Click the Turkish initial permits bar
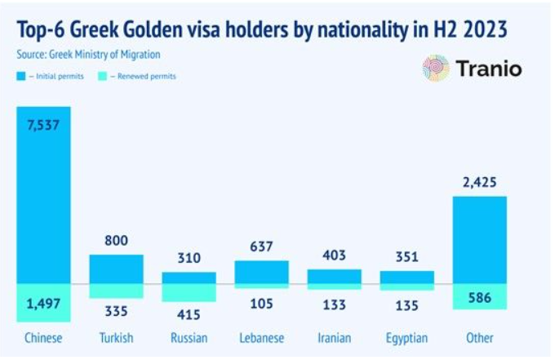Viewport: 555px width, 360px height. pyautogui.click(x=116, y=269)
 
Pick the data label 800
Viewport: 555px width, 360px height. pyautogui.click(x=116, y=242)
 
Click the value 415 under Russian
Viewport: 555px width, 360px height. pyautogui.click(x=189, y=313)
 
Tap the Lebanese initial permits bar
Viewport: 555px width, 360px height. pyautogui.click(x=261, y=272)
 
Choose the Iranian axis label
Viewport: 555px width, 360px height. pyautogui.click(x=334, y=337)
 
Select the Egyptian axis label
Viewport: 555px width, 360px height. pyautogui.click(x=406, y=337)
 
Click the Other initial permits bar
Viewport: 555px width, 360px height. pyautogui.click(x=480, y=239)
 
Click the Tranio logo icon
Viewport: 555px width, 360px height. pyautogui.click(x=436, y=69)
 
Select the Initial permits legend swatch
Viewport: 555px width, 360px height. pyautogui.click(x=22, y=76)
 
